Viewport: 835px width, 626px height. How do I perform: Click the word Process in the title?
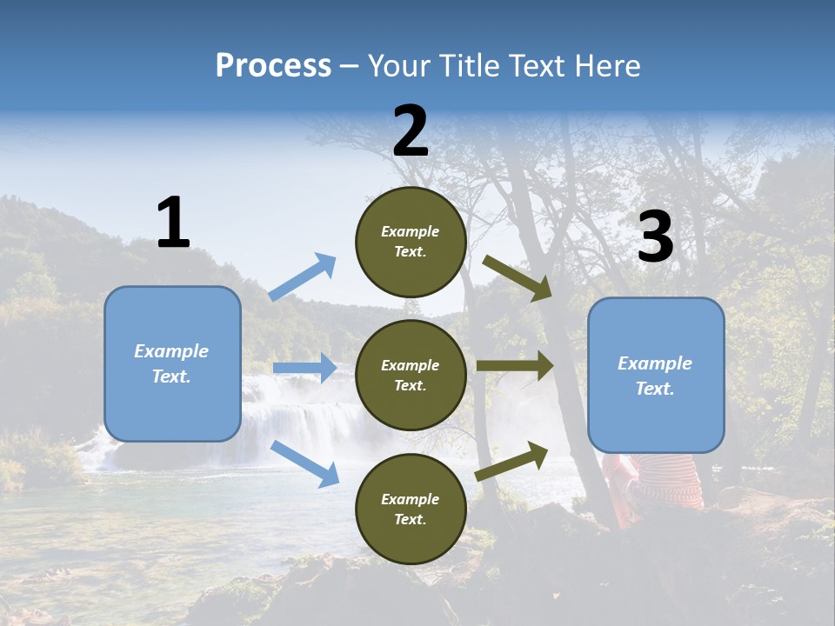coord(273,66)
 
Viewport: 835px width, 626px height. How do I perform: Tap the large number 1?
coord(173,223)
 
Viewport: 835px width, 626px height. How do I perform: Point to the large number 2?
coord(411,131)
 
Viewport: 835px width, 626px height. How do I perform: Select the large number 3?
coord(655,237)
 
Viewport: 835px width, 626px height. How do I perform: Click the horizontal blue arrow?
coord(304,368)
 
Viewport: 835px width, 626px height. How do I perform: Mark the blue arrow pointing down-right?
coord(304,463)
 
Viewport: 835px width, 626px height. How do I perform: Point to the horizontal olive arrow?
coord(515,365)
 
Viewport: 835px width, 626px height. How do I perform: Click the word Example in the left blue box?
coord(171,351)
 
